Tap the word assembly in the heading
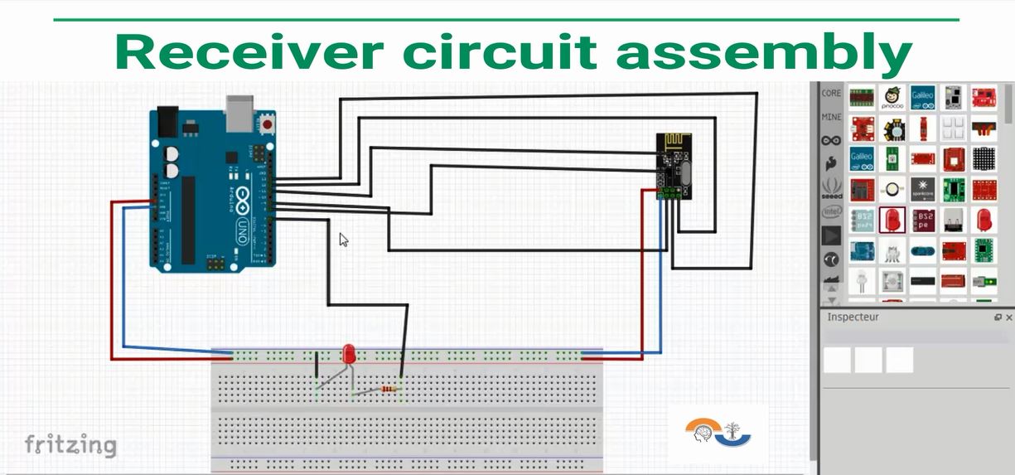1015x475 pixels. [x=763, y=51]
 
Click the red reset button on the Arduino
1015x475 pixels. [x=268, y=125]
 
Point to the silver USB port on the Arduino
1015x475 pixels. [x=239, y=114]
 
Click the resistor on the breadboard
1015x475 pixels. [x=389, y=388]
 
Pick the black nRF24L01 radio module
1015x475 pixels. [x=674, y=166]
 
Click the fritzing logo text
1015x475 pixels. [x=70, y=444]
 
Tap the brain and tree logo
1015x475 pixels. [x=718, y=432]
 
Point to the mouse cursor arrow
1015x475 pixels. [x=343, y=239]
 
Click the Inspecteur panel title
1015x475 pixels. [x=853, y=317]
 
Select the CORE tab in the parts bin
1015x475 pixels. [x=831, y=94]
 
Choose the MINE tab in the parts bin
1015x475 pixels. [x=831, y=117]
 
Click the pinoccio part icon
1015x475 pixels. [x=892, y=98]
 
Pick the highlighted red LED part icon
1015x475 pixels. [x=892, y=220]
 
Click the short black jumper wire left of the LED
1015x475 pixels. [x=317, y=366]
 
